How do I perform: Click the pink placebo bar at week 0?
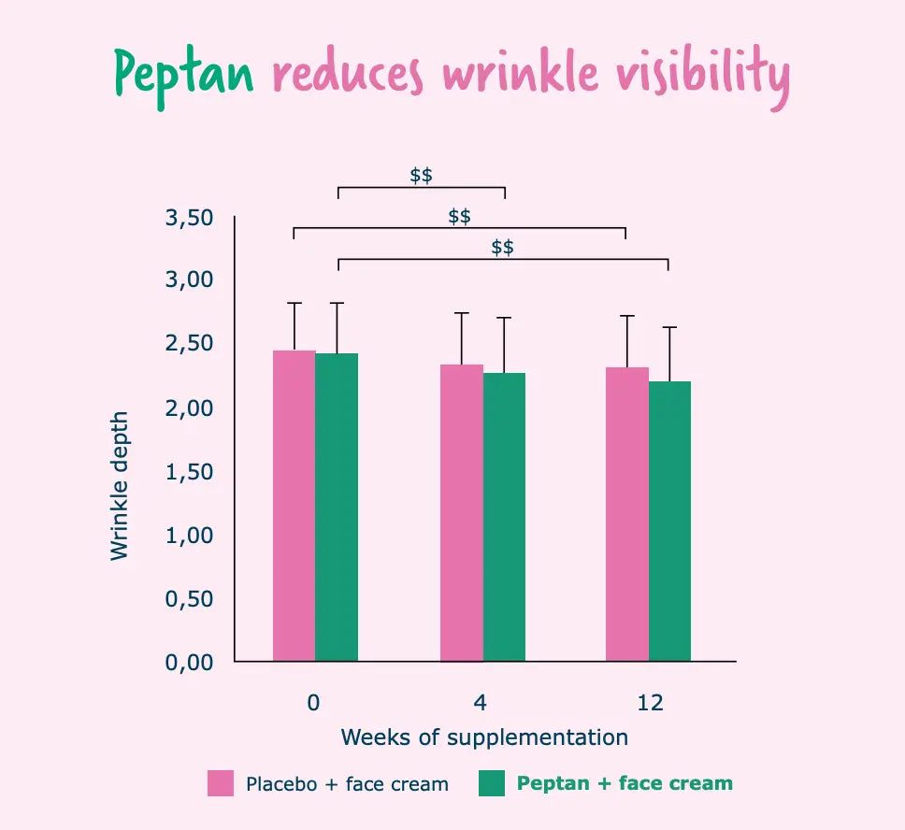(x=294, y=506)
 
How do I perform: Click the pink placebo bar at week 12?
(x=627, y=514)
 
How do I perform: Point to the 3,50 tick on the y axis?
(x=190, y=218)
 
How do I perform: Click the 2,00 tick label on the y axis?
(x=190, y=408)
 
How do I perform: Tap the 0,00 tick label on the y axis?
(x=190, y=662)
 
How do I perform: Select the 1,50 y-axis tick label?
(x=190, y=472)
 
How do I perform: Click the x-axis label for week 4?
(x=482, y=702)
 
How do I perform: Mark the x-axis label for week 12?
(x=650, y=702)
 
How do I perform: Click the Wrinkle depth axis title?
(x=119, y=486)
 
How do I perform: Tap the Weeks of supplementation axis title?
(x=484, y=737)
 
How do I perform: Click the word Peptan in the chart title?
(x=184, y=73)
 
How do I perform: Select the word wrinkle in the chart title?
(x=522, y=73)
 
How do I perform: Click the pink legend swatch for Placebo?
(x=221, y=783)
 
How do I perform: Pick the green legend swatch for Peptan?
(x=491, y=783)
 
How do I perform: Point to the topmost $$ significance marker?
(x=421, y=175)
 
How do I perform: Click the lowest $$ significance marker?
(x=502, y=247)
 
